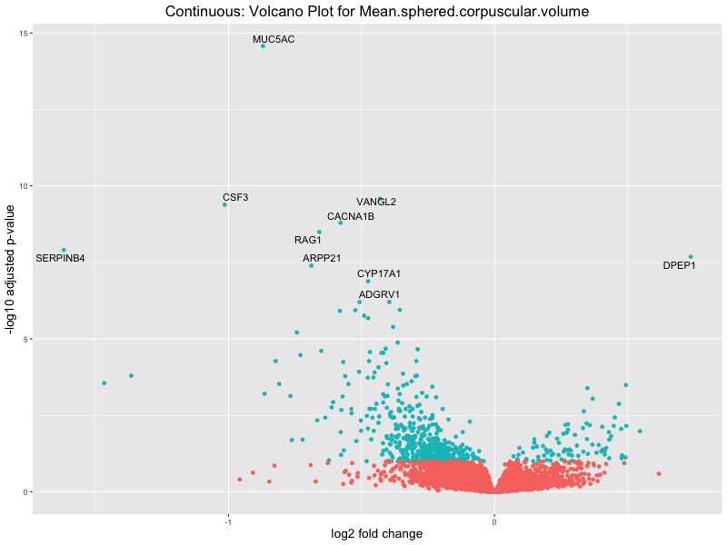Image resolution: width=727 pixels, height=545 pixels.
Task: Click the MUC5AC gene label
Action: point(274,40)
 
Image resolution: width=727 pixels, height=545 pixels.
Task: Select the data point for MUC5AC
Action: point(263,45)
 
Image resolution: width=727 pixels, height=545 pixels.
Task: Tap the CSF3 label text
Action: point(235,197)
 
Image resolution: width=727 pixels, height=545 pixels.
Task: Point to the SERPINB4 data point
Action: point(64,250)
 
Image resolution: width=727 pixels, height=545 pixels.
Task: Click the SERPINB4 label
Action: point(60,259)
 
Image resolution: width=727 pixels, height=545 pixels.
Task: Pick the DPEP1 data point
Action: point(691,257)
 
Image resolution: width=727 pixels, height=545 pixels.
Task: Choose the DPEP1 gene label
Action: point(679,266)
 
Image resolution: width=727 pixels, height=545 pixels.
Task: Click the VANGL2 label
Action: point(376,202)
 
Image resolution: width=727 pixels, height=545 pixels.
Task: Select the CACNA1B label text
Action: point(351,217)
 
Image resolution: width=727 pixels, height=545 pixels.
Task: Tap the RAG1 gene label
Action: point(308,241)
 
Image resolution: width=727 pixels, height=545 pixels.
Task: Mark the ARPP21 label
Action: point(323,259)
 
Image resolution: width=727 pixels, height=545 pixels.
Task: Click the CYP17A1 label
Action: point(379,273)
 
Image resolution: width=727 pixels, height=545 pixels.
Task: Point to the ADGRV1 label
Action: point(380,295)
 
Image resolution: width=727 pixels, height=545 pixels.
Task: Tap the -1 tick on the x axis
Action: point(227,522)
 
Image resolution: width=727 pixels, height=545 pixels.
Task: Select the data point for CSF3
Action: point(224,204)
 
